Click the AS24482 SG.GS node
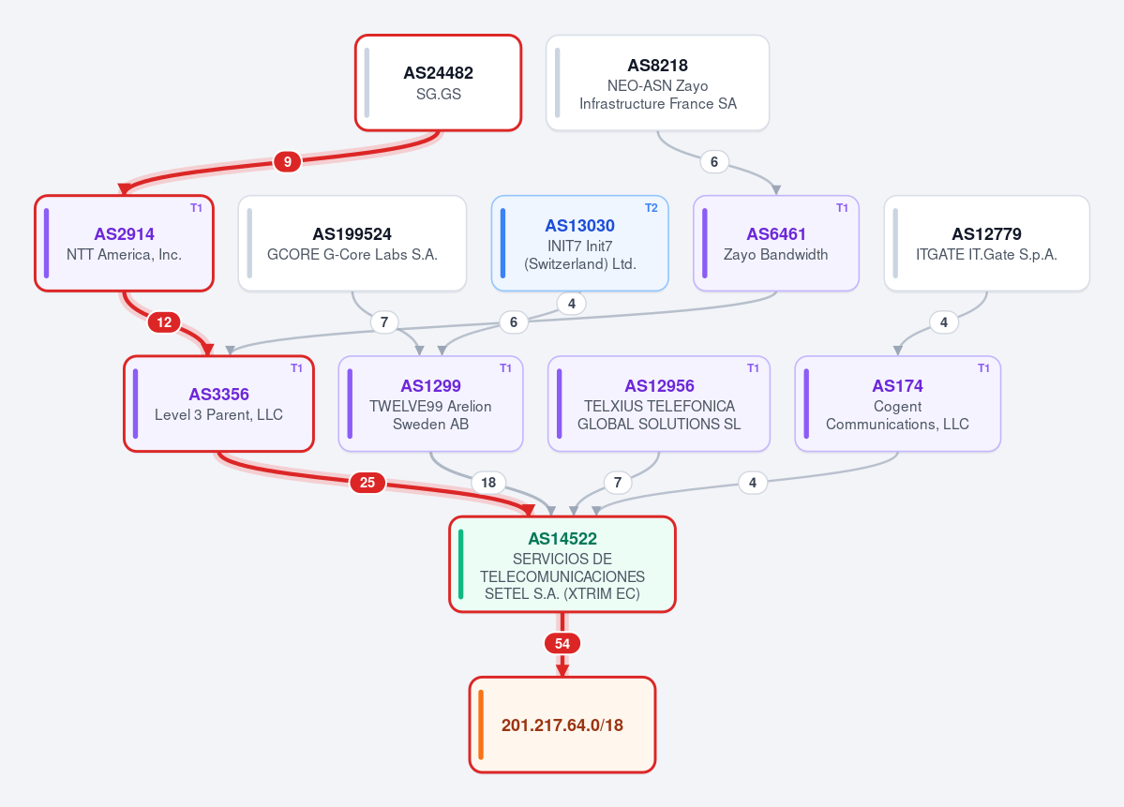click(438, 83)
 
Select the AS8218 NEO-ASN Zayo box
click(657, 83)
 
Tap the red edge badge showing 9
click(288, 162)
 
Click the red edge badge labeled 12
click(164, 322)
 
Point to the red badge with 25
click(367, 483)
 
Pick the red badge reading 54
click(562, 644)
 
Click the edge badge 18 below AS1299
click(488, 483)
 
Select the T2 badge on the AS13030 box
click(651, 208)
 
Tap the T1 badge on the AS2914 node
click(197, 208)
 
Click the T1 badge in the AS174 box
click(983, 368)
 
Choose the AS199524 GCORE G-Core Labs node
click(352, 244)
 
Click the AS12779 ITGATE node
click(986, 244)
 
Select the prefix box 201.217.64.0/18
click(562, 725)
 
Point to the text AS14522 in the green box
click(562, 539)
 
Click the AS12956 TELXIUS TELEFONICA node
click(659, 404)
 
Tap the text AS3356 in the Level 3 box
click(218, 395)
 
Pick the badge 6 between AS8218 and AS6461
click(714, 162)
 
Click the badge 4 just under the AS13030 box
click(571, 304)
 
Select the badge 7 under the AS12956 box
click(617, 483)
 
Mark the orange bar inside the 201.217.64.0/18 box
click(480, 725)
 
